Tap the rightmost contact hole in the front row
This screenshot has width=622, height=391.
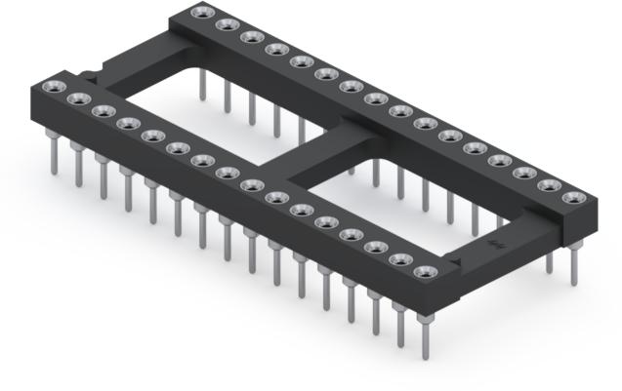[x=423, y=271]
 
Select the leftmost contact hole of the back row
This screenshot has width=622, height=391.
[x=202, y=13]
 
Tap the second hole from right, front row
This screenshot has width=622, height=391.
[x=398, y=259]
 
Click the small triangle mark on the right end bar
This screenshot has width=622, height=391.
[x=459, y=262]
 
